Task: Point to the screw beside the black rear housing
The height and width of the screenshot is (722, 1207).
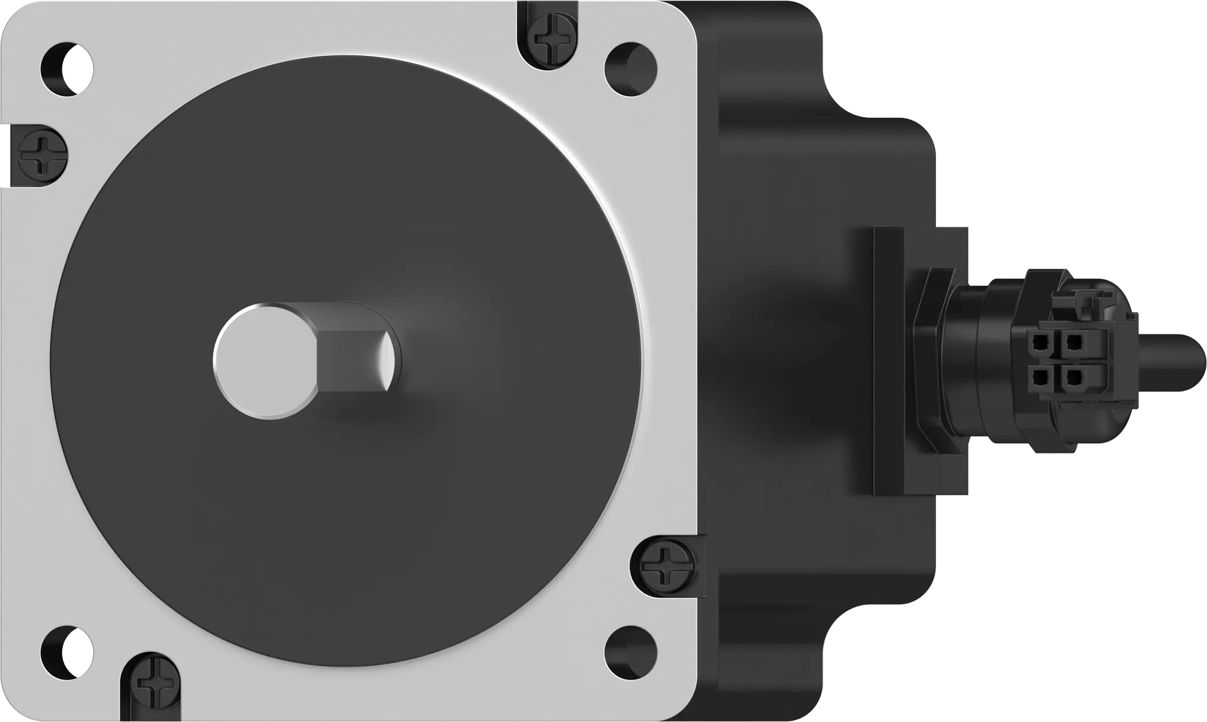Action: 665,565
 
